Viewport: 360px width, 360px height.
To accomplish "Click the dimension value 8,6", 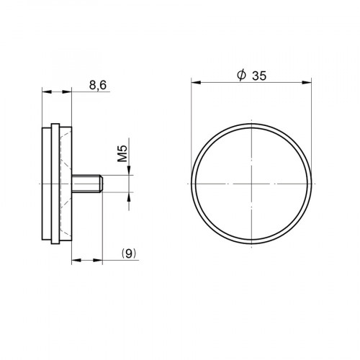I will point(99,86).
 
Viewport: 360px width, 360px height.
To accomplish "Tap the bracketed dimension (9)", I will point(129,253).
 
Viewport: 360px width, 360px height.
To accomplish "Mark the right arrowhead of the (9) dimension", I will point(101,259).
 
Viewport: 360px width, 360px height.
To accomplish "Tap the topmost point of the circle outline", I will point(253,125).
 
